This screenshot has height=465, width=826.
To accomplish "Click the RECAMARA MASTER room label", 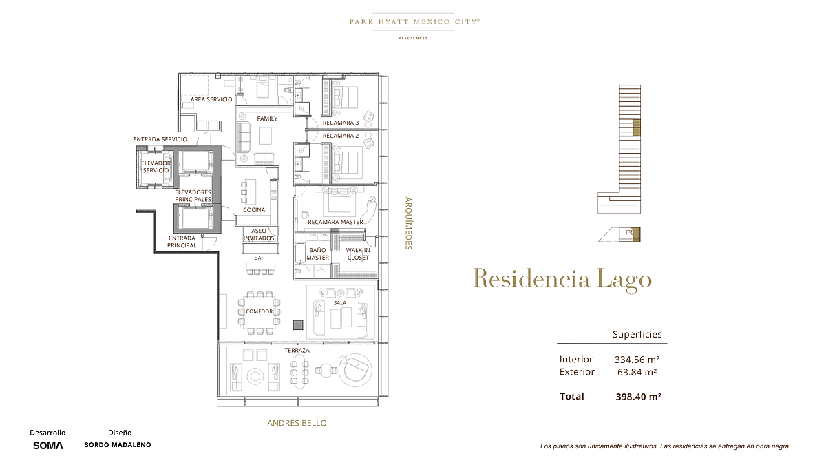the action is (x=335, y=222).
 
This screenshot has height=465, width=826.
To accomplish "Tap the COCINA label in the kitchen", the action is (x=254, y=209).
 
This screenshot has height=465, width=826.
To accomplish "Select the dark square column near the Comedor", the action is (x=298, y=324).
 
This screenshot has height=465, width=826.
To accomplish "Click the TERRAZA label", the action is (x=297, y=350).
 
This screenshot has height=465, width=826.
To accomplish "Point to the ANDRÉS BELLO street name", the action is (x=297, y=423).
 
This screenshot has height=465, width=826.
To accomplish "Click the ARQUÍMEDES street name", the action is (x=408, y=223).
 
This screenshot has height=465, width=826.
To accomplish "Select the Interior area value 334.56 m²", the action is (x=637, y=359).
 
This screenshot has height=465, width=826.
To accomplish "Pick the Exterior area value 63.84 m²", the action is (x=637, y=371).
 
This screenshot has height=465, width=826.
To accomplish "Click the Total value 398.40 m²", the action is (x=638, y=396).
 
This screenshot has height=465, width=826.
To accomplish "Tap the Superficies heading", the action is (x=637, y=334).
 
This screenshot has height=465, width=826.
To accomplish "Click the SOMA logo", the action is (x=48, y=446).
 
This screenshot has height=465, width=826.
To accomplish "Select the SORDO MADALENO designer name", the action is (x=118, y=445).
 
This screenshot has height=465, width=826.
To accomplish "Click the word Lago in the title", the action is (x=624, y=280).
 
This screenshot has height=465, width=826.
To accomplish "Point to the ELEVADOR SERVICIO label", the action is (x=156, y=167).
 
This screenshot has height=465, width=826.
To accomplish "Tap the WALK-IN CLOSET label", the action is (x=358, y=254).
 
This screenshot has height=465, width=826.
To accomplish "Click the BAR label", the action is (x=260, y=258).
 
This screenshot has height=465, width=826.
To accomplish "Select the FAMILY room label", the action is (x=267, y=118).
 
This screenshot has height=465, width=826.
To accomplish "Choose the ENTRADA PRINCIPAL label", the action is (x=182, y=242).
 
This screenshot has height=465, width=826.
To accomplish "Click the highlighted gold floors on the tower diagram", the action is (x=637, y=127).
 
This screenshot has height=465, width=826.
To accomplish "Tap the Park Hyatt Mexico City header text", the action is (x=415, y=22).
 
